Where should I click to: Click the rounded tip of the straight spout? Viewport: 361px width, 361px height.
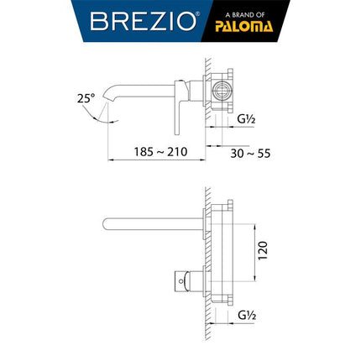pyautogui.click(x=103, y=222)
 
